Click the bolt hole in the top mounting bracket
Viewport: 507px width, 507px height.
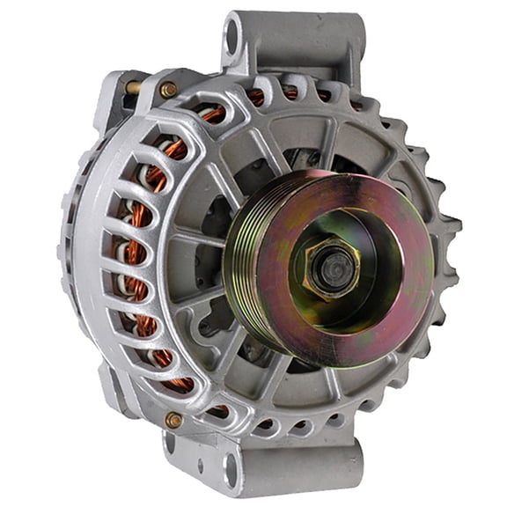tap(233, 37)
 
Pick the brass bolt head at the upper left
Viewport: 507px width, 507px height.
tap(167, 89)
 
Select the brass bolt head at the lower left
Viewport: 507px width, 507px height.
tap(173, 420)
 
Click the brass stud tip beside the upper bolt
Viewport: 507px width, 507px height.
tap(132, 87)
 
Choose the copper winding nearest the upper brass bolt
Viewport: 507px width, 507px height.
tap(211, 114)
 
